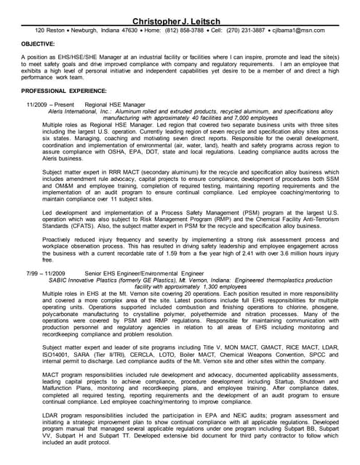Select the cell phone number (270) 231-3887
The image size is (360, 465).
248,31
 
